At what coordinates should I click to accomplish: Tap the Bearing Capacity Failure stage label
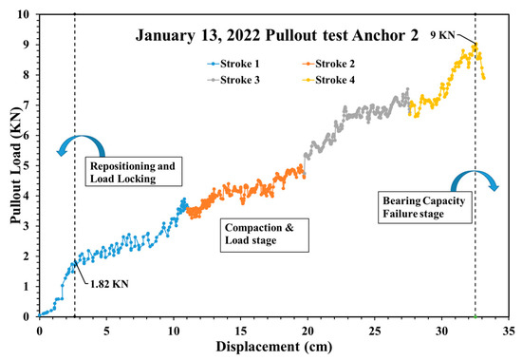coord(413,208)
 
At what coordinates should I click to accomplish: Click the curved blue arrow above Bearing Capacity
coord(472,182)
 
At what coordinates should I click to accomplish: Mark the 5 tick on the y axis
coord(31,165)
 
